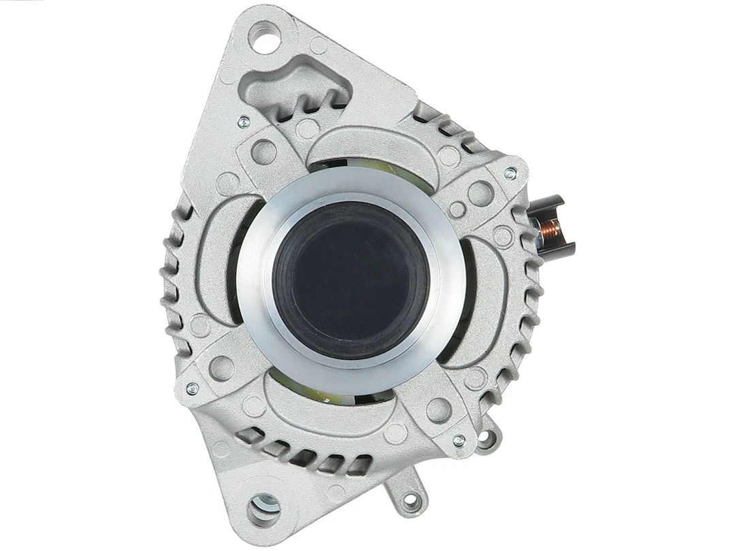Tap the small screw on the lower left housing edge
(x=193, y=388)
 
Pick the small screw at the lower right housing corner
(x=457, y=439)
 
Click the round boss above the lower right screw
(x=438, y=409)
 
